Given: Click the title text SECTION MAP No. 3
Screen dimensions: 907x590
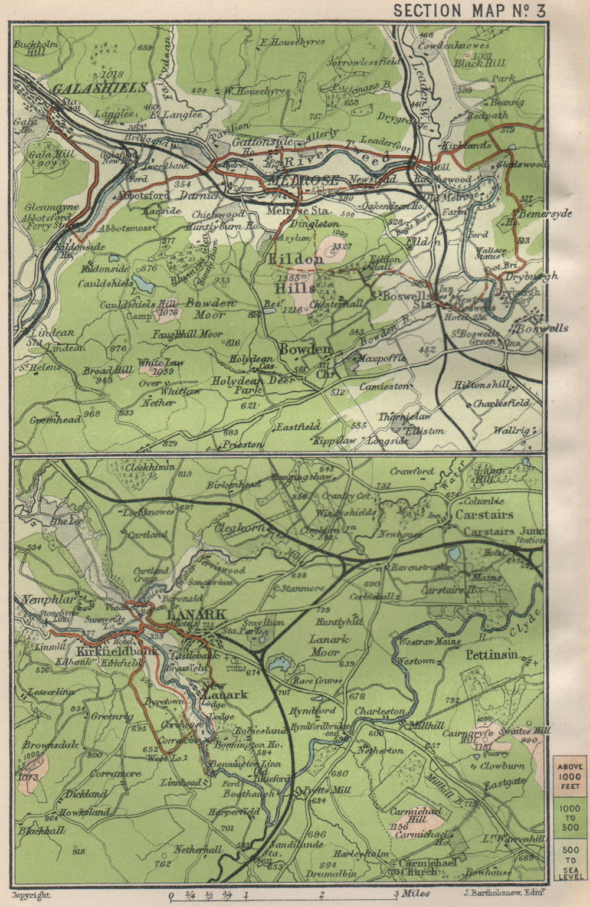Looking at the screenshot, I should (470, 11).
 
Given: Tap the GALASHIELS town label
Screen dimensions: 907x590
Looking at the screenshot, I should (100, 88).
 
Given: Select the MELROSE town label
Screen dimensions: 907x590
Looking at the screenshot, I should (303, 181).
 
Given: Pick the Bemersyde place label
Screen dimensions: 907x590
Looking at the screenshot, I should (544, 214).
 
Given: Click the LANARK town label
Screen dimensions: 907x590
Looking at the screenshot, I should (196, 614).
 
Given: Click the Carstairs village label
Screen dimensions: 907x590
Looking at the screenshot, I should (484, 515).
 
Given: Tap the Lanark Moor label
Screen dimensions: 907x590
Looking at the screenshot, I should (330, 646).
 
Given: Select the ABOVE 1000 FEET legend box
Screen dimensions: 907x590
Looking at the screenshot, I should (569, 777).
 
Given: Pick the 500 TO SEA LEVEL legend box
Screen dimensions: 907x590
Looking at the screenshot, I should (569, 860).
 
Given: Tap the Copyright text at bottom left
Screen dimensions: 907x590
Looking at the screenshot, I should (34, 895).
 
